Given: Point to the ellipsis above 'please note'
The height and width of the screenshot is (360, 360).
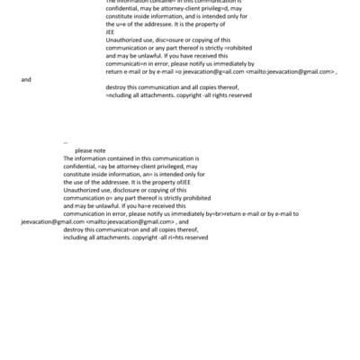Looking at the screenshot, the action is point(66,142).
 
